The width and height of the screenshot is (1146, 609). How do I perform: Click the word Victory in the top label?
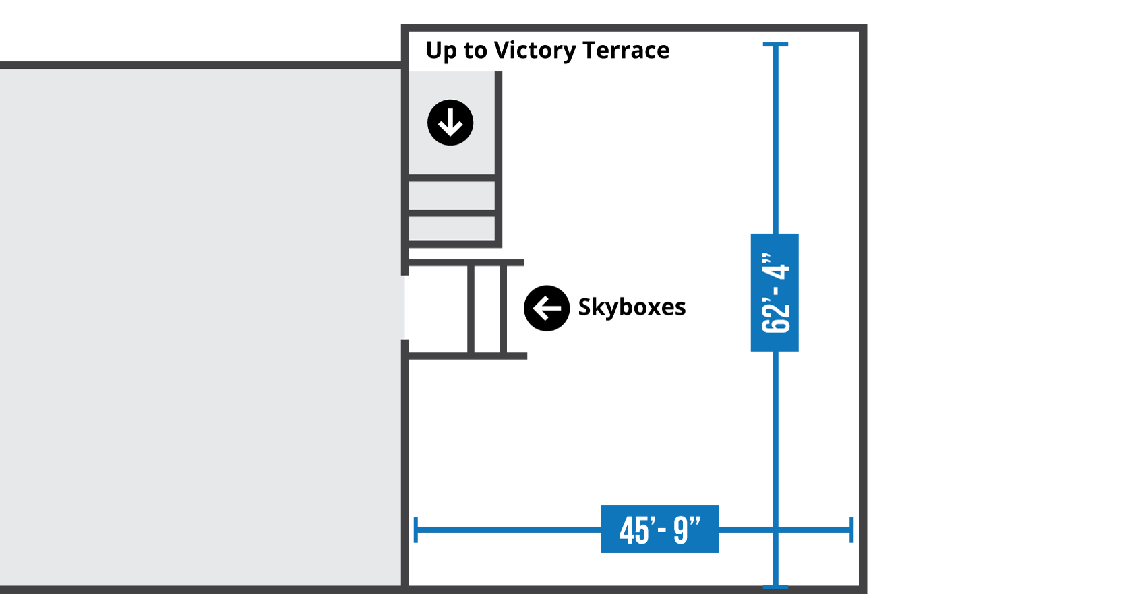[x=535, y=51]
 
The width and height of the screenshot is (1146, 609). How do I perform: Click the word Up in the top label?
[x=442, y=51]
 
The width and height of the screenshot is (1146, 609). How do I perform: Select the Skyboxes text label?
[x=632, y=307]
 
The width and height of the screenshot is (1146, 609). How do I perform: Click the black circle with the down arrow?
[x=450, y=123]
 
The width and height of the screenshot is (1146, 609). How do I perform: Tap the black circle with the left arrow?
[x=547, y=309]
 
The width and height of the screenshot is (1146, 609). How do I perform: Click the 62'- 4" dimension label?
[x=775, y=293]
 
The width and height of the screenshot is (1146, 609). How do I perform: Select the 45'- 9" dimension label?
[x=659, y=530]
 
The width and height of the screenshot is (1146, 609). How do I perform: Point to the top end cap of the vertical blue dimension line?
[x=775, y=45]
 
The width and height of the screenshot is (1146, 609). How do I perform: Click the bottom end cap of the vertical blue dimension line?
[x=775, y=587]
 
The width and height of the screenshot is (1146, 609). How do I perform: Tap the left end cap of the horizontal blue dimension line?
[x=416, y=530]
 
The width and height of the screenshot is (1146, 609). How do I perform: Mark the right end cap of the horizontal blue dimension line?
[x=852, y=530]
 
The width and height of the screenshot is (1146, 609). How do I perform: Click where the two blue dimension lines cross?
[x=775, y=530]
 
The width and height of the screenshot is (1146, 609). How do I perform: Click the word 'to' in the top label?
[x=475, y=51]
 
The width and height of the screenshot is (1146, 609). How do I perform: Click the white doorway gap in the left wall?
[x=405, y=307]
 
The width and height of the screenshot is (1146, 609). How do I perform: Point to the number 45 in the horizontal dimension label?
[x=634, y=530]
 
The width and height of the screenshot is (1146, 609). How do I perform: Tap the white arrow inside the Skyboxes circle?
[x=546, y=309]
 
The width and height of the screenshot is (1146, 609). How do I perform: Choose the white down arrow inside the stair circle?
[x=450, y=123]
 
